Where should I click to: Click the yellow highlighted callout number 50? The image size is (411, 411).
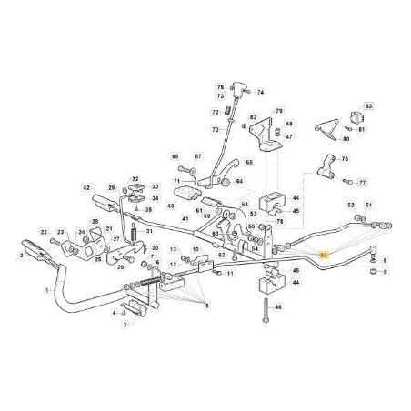326,257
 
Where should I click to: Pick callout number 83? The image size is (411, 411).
369,107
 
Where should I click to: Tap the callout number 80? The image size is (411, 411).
346,139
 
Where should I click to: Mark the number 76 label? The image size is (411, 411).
345,158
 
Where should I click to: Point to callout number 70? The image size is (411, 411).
216,129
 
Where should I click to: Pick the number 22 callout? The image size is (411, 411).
42,232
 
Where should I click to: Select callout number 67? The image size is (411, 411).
199,156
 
